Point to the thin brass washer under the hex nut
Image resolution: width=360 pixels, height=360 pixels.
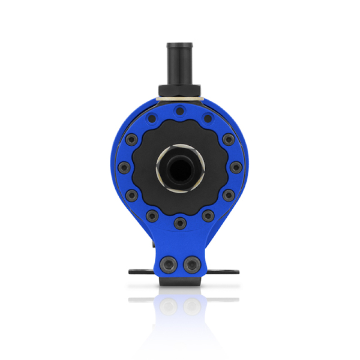tap(180, 98)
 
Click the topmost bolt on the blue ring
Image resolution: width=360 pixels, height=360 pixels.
tap(180, 110)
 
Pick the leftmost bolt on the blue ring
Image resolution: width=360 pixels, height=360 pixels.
tap(124, 168)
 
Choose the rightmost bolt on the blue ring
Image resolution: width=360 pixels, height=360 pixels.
tap(235, 168)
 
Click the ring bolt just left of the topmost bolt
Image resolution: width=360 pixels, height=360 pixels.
tap(152, 119)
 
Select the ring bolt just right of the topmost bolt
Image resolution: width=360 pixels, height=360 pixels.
tap(207, 119)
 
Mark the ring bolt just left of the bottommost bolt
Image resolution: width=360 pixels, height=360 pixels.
tap(152, 216)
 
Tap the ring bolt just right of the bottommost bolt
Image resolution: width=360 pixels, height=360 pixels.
tap(207, 216)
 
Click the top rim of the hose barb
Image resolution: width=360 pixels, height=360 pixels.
tap(180, 45)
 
